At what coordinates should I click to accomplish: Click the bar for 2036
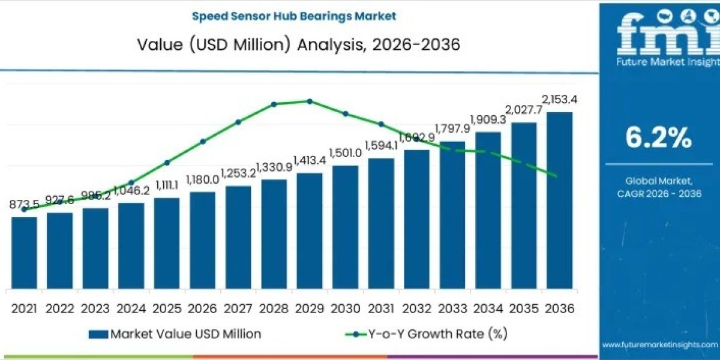pos(559,200)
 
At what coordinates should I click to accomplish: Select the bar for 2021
pos(24,253)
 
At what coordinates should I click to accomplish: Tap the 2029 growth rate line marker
pos(310,101)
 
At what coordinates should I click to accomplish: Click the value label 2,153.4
pos(560,99)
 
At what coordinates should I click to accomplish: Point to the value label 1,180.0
pos(202,179)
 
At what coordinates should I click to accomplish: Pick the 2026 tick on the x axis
pos(202,308)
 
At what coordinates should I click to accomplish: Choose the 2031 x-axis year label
pos(381,308)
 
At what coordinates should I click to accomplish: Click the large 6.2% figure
pos(658,139)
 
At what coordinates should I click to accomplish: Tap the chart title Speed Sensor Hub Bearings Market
pos(294,16)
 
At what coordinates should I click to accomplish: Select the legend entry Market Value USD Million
pos(175,334)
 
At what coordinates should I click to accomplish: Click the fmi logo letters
pos(658,33)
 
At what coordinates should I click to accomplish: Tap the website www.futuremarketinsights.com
pos(659,344)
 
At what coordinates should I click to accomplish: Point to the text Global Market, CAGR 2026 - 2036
pos(658,187)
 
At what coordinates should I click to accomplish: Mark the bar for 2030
pos(345,227)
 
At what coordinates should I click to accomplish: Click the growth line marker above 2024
pos(131,182)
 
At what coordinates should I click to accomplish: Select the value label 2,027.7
pos(524,110)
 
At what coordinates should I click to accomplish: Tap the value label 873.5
pos(24,205)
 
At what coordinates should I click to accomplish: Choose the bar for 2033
pos(452,215)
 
